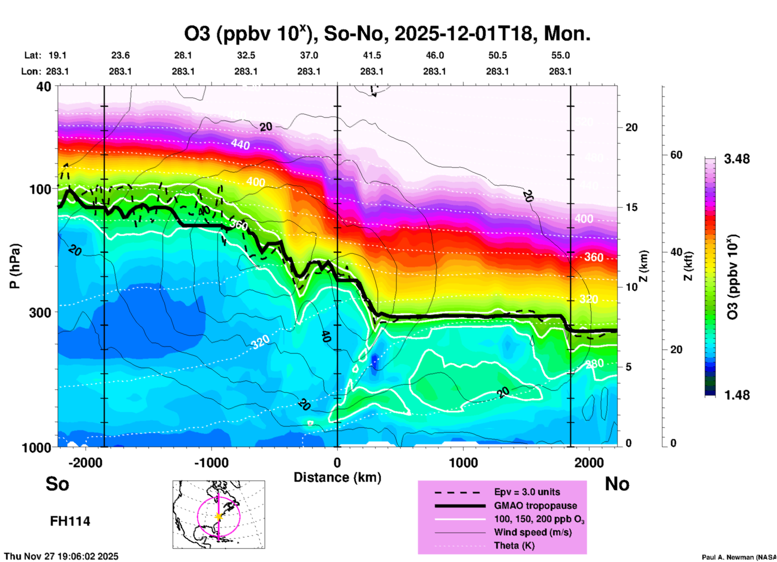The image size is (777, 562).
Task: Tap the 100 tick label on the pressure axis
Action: (40, 189)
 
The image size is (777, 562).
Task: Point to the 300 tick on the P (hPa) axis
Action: (40, 312)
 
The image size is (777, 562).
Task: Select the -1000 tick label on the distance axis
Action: (211, 462)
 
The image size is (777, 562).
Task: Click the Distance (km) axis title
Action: (337, 477)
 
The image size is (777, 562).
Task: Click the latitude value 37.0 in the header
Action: (309, 55)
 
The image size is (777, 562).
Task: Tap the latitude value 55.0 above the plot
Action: (560, 55)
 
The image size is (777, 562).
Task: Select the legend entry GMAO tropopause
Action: (535, 506)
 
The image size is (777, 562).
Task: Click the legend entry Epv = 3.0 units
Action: (527, 492)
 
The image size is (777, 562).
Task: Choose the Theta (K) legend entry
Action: (514, 545)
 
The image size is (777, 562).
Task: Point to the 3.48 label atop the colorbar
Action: (737, 159)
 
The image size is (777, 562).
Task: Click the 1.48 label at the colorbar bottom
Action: (737, 395)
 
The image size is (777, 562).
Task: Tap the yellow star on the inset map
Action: (219, 516)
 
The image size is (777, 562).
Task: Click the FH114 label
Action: (70, 521)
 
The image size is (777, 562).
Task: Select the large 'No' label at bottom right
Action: (617, 484)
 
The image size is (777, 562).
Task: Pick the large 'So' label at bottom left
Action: (57, 484)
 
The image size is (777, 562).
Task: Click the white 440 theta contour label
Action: (240, 144)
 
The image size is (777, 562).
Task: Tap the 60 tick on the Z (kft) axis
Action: (676, 155)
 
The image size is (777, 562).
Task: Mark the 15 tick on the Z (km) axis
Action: (631, 207)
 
